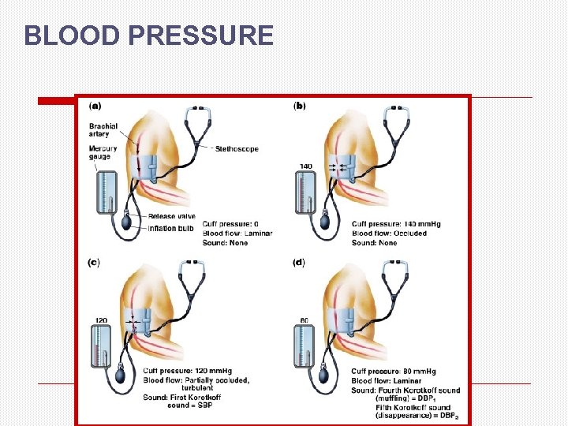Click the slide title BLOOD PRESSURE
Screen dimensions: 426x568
pos(148,35)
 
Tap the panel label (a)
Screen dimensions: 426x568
pos(95,105)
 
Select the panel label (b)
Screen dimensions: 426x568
pos(300,105)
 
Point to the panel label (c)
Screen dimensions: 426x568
pos(93,262)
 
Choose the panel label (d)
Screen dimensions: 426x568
pos(300,262)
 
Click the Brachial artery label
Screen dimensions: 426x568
pos(104,130)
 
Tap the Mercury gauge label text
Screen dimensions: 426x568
pos(103,152)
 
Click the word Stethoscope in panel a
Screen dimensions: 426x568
pos(236,149)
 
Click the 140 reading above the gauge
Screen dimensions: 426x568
pos(306,166)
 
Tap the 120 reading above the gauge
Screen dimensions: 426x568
pos(100,322)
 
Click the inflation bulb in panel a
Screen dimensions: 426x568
pos(127,224)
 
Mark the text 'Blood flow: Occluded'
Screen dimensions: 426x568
pos(388,234)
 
